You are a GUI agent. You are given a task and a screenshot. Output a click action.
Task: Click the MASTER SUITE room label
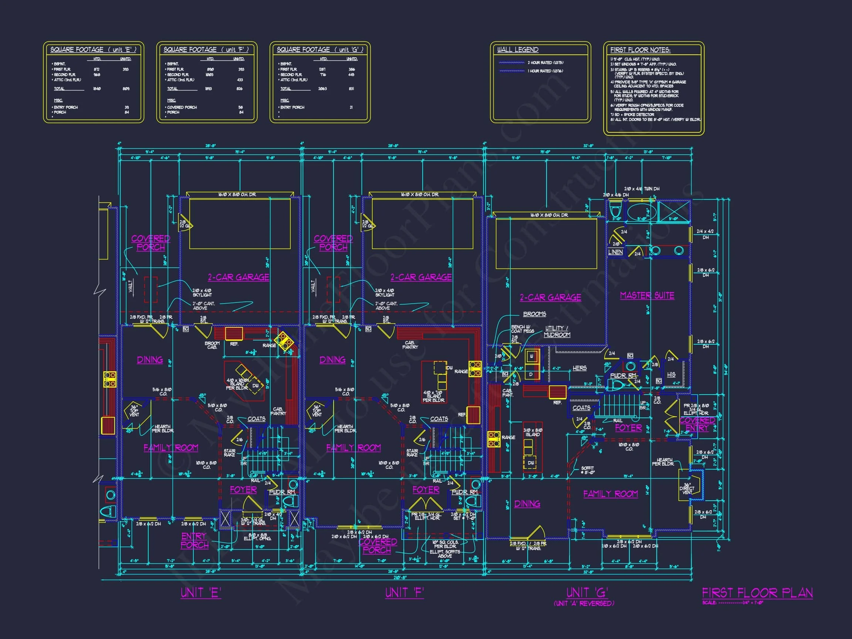647,295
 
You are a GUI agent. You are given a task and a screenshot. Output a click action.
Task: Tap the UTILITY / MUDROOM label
557,331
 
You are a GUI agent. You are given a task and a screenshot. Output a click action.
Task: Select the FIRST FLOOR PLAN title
757,593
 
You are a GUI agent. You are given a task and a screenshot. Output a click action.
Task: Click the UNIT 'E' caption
201,593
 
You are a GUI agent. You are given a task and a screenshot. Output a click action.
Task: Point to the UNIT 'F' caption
405,593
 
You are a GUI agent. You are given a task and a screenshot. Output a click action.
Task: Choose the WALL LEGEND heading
518,50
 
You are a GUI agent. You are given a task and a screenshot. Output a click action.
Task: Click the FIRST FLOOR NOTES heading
640,50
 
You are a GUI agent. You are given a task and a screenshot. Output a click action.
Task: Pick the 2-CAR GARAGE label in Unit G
550,297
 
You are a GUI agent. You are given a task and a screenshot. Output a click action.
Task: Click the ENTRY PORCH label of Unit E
195,540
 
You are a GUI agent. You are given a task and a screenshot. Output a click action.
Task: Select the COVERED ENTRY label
697,424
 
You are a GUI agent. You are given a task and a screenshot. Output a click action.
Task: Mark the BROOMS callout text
535,314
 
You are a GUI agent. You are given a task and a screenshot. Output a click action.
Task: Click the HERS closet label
579,368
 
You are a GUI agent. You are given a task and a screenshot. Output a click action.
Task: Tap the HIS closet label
671,374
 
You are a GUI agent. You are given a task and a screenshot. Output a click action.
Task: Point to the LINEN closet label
615,252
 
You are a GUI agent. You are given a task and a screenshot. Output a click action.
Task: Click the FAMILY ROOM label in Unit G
611,494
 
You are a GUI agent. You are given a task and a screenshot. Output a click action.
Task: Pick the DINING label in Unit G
527,503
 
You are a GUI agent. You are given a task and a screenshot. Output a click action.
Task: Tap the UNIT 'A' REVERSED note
584,603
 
